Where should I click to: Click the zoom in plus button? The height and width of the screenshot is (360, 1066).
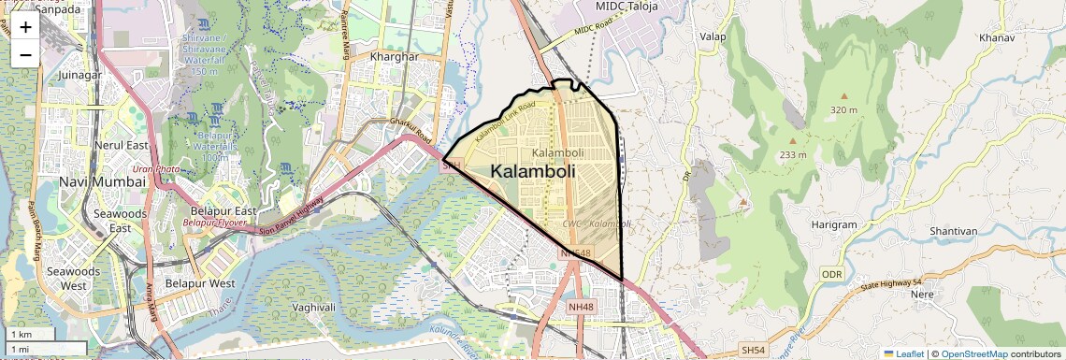pos(25,27)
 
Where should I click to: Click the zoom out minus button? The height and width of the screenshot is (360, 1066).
pos(25,54)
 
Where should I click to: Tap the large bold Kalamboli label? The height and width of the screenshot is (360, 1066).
pos(533,172)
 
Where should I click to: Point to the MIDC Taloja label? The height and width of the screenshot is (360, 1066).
pos(627,7)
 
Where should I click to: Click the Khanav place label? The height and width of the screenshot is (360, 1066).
pos(996,38)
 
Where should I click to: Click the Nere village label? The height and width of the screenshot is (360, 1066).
pos(922,294)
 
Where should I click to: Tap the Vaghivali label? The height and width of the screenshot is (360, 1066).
pos(313,307)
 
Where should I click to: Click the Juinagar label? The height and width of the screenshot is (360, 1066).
pos(79,75)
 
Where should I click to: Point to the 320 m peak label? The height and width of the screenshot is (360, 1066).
pos(843,110)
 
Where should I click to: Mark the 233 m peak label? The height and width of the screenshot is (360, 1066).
pos(793,154)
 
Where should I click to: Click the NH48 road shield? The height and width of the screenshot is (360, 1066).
pos(580,307)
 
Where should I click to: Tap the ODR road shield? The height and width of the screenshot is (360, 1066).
pos(831,274)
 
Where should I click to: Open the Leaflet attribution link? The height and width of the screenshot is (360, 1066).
pos(904,353)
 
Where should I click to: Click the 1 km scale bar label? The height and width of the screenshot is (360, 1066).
pos(22,334)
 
